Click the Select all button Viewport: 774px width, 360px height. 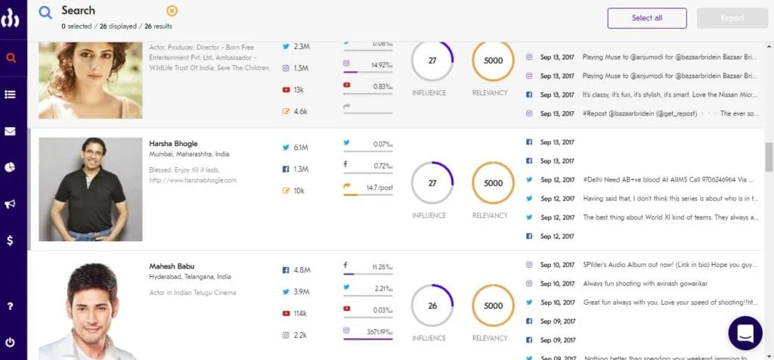click(646, 18)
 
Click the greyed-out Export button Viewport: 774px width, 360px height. click(732, 18)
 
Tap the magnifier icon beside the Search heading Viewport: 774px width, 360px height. click(46, 12)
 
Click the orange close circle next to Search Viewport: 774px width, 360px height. click(172, 11)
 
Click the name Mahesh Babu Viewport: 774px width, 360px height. click(173, 266)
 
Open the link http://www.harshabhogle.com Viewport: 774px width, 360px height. click(193, 181)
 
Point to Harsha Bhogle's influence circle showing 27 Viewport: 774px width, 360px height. click(432, 183)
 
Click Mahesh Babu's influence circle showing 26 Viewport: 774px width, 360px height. click(432, 306)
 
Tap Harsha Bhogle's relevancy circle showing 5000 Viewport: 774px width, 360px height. click(493, 183)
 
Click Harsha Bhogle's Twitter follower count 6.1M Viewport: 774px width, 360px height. click(300, 147)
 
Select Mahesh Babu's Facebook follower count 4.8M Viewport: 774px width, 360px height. click(302, 270)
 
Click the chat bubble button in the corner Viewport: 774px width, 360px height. click(745, 334)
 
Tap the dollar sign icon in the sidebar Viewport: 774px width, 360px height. click(11, 240)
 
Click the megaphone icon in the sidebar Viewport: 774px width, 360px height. click(11, 203)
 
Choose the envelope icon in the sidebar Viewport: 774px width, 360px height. click(11, 131)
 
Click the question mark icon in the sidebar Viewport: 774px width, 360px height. click(11, 306)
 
